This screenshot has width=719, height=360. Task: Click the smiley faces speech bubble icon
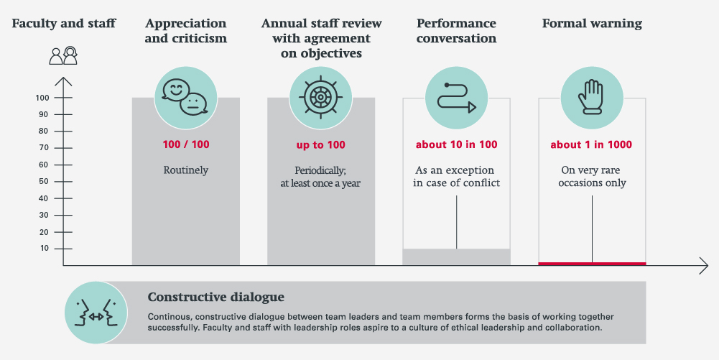pos(185,97)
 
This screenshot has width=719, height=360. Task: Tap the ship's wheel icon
pos(320,97)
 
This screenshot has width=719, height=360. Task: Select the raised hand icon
pos(591,97)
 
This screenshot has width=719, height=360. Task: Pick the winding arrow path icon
pos(456,97)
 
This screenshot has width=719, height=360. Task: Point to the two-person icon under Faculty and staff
pos(63,55)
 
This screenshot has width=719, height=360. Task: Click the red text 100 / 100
pos(186,144)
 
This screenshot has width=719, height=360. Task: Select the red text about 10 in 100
pos(456,144)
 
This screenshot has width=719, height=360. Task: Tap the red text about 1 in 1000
pos(591,144)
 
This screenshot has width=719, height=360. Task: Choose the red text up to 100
pos(320,144)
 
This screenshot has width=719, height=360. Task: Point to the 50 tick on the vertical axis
pos(44,182)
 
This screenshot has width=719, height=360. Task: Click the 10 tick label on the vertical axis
pos(44,249)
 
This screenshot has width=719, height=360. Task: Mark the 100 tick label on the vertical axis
pos(42,98)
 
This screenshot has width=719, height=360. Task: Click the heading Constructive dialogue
pos(215,297)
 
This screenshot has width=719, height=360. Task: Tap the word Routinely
pos(186,171)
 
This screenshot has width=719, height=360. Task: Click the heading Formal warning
pos(592,24)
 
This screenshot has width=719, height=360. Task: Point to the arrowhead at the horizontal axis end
pos(705,266)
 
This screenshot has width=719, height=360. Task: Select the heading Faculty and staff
pos(63,24)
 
